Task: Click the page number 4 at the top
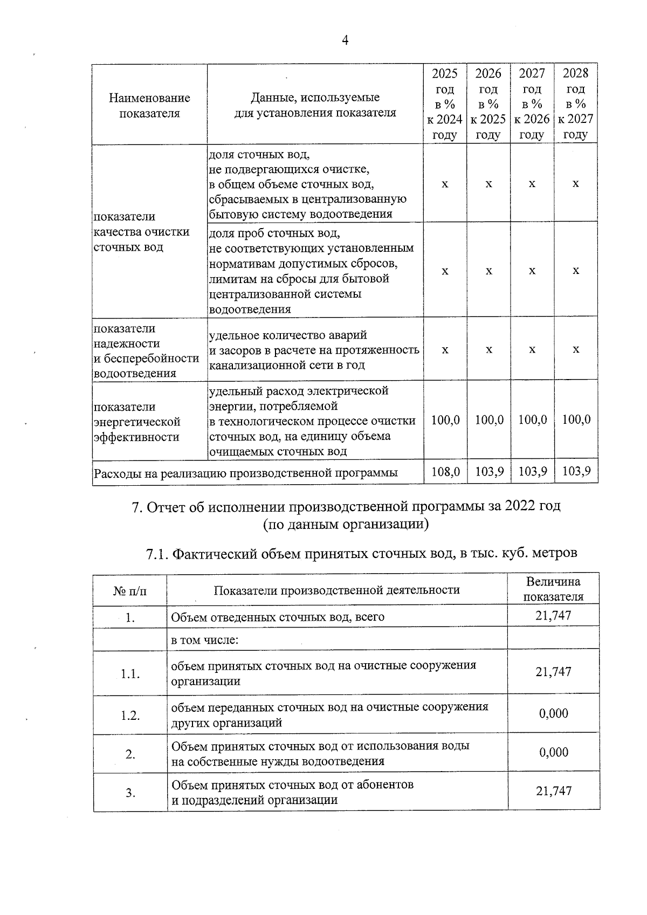pos(345,41)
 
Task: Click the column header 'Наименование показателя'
pos(149,105)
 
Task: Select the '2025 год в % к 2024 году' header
pos(445,104)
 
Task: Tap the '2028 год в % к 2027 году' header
pos(575,104)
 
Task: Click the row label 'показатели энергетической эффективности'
pos(137,422)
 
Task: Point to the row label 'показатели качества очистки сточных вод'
pos(141,232)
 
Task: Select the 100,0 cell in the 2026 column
pos(488,419)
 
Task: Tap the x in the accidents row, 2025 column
pos(445,349)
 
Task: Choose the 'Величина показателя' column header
pos(553,589)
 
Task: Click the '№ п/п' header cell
pos(129,590)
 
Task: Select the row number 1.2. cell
pos(130,716)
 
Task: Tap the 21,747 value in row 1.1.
pos(553,671)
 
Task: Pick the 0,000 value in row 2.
pos(553,752)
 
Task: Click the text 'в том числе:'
pos(205,641)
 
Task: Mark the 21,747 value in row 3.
pos(553,791)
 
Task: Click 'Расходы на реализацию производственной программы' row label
pos(246,473)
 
